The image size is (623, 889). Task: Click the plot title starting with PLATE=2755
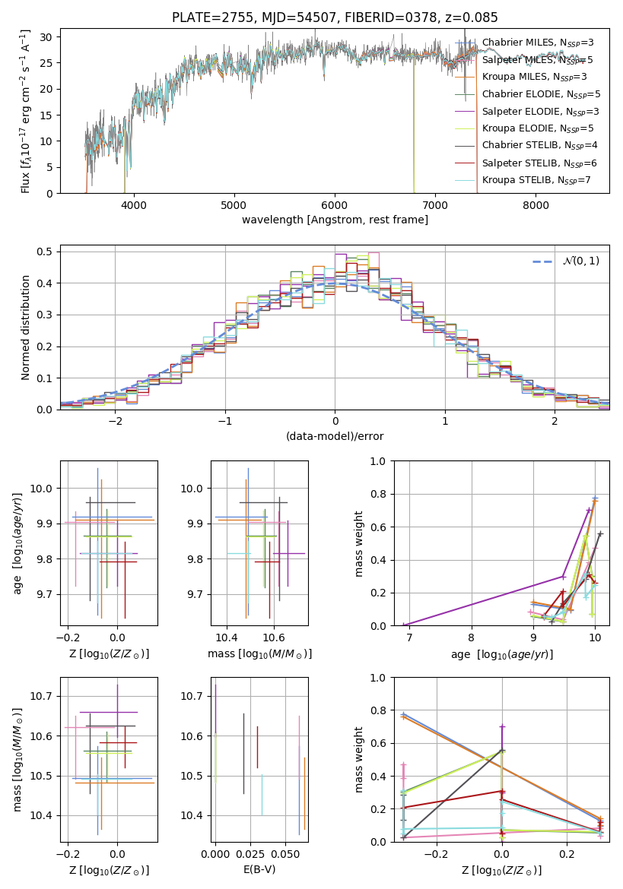tap(335, 17)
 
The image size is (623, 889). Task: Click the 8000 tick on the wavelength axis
tap(536, 204)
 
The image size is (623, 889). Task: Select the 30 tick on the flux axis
tap(46, 37)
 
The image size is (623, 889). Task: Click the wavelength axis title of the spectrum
tap(335, 220)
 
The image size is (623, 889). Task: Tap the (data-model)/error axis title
tap(335, 436)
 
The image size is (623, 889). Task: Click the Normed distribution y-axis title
tap(26, 327)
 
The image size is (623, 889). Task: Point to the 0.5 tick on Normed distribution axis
tap(46, 252)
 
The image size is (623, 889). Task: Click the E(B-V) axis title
tap(260, 869)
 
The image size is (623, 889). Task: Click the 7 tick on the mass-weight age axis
tap(409, 637)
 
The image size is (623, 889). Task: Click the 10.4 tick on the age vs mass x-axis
tap(227, 637)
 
